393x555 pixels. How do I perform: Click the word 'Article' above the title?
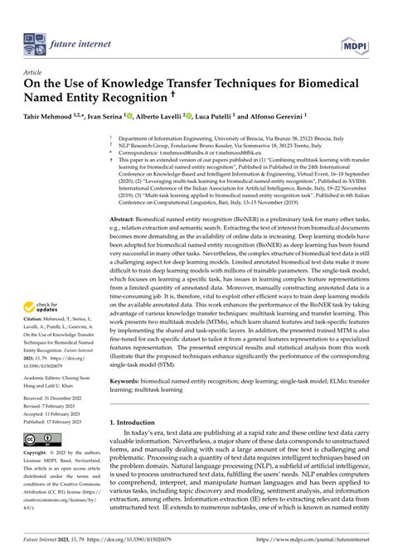35,73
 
